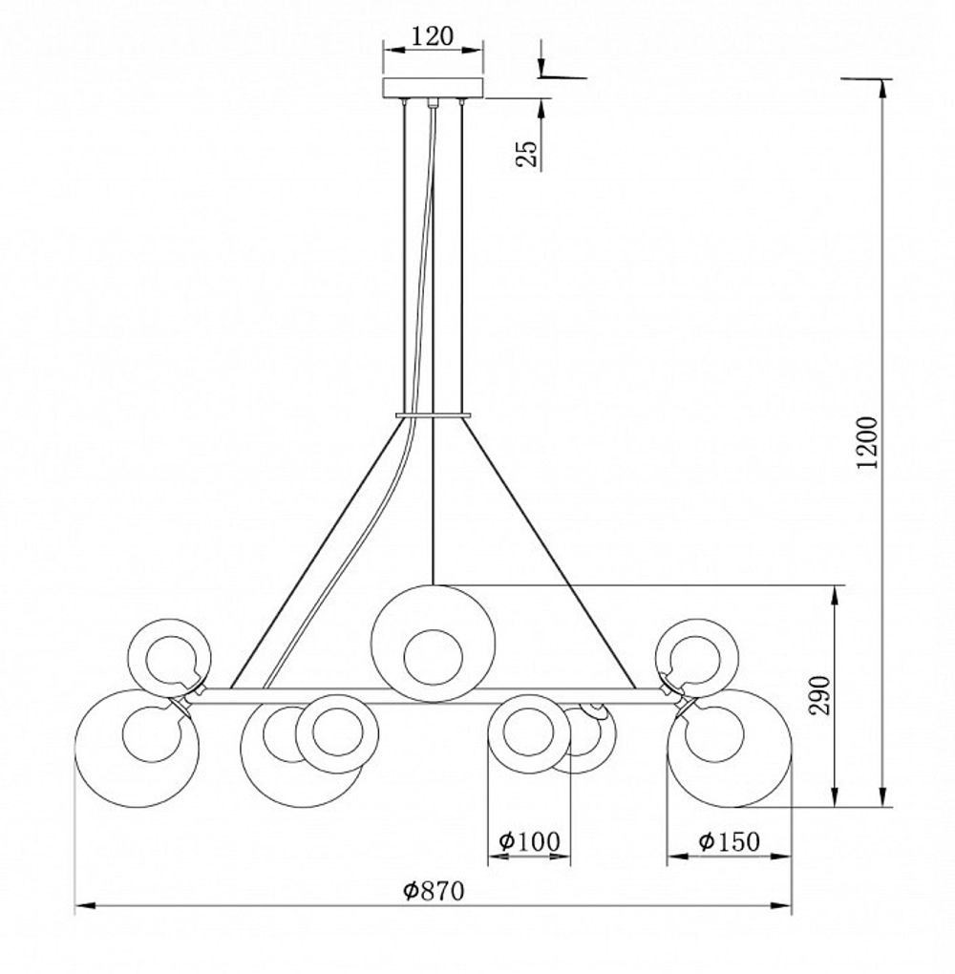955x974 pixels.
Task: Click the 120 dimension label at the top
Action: [433, 36]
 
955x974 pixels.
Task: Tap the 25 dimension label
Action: [526, 154]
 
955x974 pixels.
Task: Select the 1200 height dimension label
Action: [867, 442]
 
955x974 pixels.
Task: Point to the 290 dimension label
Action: [819, 695]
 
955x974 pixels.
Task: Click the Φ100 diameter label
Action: [529, 841]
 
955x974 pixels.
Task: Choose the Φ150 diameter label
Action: [729, 841]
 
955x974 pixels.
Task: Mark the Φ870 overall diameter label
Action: [433, 891]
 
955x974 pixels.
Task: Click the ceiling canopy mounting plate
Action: [433, 88]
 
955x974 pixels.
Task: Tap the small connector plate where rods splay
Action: [433, 414]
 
